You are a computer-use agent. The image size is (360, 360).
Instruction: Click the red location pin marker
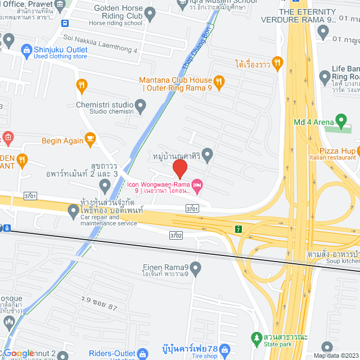(179, 168)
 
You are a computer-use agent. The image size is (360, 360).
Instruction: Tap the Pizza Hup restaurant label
(337, 151)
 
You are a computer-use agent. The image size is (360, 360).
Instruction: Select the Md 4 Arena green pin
(340, 121)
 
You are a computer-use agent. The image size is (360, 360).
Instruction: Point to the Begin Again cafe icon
(89, 138)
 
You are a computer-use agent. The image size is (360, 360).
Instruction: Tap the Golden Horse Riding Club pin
(150, 12)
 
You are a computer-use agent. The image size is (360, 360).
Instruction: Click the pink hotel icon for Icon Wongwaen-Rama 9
(196, 184)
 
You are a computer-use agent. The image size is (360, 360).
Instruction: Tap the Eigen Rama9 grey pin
(196, 269)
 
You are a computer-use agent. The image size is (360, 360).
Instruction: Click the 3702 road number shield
(177, 235)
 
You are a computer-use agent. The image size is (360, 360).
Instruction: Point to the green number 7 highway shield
(238, 229)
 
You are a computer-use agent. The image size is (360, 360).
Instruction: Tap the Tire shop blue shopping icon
(225, 350)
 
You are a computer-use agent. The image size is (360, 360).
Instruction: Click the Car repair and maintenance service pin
(73, 212)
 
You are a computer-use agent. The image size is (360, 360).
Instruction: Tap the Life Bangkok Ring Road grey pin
(324, 76)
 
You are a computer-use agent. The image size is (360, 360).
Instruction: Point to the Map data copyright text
(335, 355)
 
